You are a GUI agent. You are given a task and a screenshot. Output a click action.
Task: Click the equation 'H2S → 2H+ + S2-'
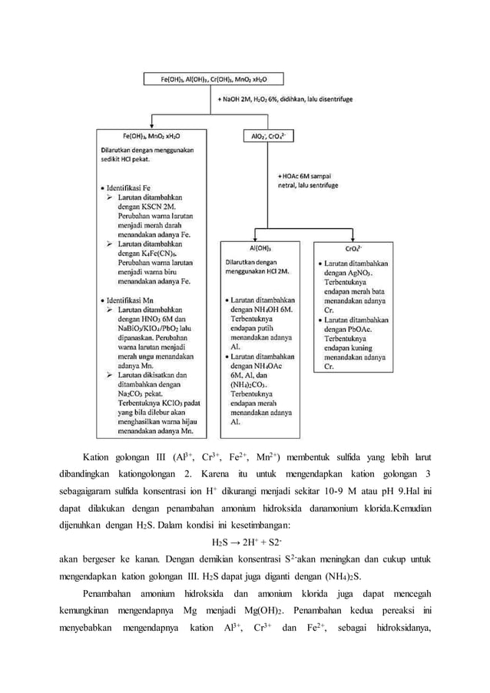[x=244, y=542]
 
